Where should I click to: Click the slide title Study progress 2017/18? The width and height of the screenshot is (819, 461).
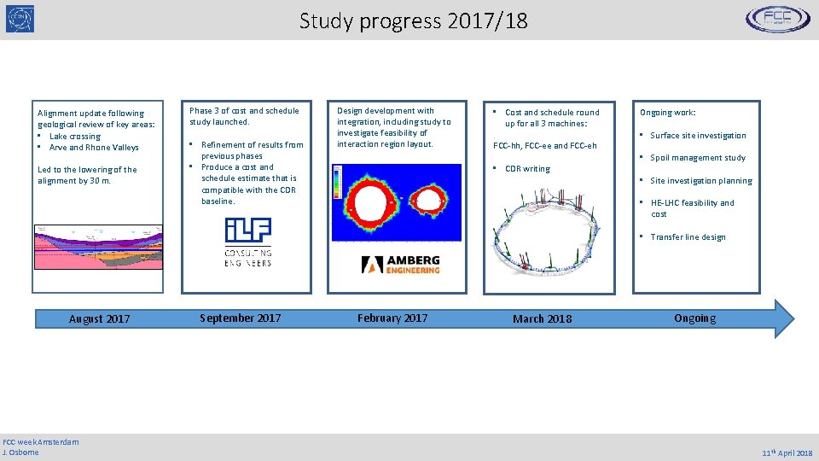coord(413,20)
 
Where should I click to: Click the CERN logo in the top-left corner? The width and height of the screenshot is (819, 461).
coord(20,19)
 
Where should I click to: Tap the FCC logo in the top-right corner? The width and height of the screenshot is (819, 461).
coord(778,19)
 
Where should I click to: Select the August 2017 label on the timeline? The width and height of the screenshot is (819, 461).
coord(100,318)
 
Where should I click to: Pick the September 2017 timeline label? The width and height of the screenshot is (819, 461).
coord(240,318)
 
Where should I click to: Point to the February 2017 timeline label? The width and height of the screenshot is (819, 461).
coord(392,318)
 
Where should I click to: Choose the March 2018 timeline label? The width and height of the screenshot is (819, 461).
coord(543,318)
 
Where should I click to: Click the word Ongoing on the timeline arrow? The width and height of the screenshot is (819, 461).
coord(694,318)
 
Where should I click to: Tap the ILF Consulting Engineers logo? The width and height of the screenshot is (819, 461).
coord(248,242)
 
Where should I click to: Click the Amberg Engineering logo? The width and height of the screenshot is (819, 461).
coord(400,265)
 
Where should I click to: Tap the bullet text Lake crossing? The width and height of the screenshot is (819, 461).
coord(75,136)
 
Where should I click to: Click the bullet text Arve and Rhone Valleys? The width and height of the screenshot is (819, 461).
coord(94,147)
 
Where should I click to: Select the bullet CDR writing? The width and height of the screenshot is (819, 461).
coord(527,168)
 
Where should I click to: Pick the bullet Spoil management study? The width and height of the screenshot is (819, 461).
coord(698,157)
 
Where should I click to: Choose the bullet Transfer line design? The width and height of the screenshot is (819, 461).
coord(688,236)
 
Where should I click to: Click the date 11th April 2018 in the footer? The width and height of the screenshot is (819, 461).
coord(787,452)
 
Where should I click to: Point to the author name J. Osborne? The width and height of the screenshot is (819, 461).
coord(21,452)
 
